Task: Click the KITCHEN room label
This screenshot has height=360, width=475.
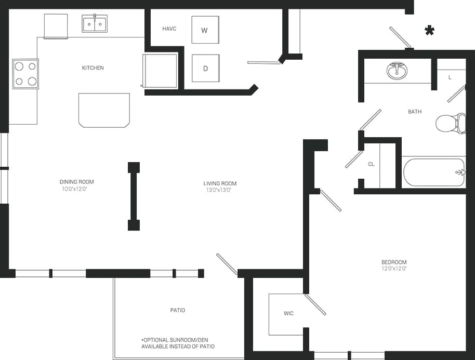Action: point(93,68)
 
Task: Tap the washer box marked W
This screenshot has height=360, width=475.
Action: point(205,30)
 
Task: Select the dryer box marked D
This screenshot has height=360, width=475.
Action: point(205,68)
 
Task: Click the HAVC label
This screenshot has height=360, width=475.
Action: point(169,29)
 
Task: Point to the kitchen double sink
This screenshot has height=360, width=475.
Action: point(95,24)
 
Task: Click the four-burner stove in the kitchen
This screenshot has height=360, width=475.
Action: point(25,74)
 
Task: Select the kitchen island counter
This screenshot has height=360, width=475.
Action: point(104,110)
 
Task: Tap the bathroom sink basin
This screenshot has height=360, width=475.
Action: point(397,70)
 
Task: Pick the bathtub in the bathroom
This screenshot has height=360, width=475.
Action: point(433,172)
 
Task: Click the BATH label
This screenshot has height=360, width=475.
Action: point(414,112)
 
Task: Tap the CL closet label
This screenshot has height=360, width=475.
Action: point(371,164)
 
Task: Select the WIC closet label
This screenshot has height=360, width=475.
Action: point(288,313)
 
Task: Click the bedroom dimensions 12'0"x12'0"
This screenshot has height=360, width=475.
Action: point(394,269)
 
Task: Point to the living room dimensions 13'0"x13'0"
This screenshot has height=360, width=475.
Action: point(220,190)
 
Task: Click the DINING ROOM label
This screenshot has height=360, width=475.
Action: point(76,182)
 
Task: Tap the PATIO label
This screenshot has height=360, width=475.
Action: point(177,310)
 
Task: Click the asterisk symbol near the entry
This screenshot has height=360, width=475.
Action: point(429,31)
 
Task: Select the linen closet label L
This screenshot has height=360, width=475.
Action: point(450,77)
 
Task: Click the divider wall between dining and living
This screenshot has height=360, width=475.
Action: point(134,196)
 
